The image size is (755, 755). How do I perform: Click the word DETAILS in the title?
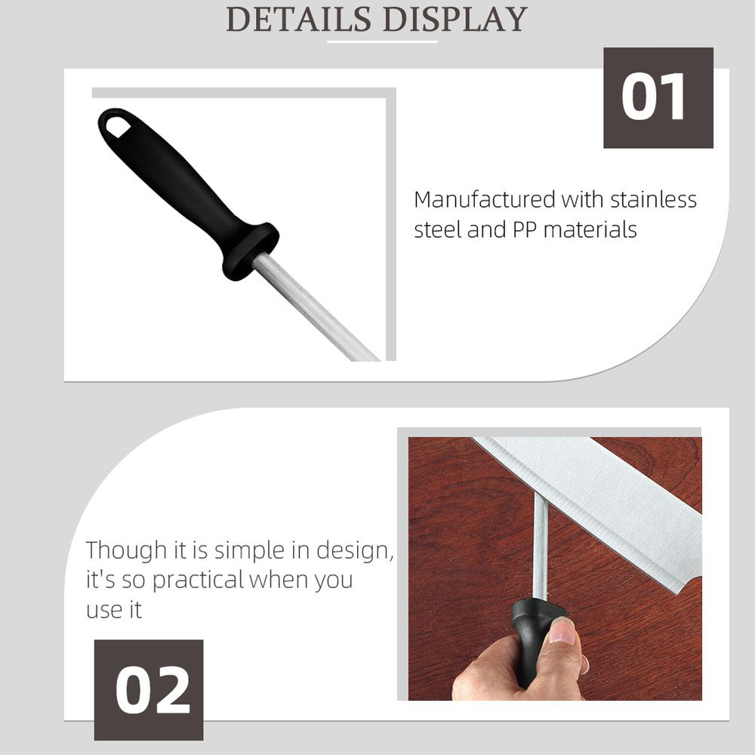pyautogui.click(x=299, y=20)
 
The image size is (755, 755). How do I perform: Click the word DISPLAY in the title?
pyautogui.click(x=455, y=20)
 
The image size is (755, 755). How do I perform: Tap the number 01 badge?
pyautogui.click(x=658, y=97)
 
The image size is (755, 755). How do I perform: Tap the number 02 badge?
pyautogui.click(x=148, y=689)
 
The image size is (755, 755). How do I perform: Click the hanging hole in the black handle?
pyautogui.click(x=118, y=126)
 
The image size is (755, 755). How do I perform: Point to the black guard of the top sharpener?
pyautogui.click(x=251, y=251)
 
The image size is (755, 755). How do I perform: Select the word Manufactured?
pyautogui.click(x=485, y=199)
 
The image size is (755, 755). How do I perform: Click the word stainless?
pyautogui.click(x=653, y=199)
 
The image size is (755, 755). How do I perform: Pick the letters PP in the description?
pyautogui.click(x=525, y=230)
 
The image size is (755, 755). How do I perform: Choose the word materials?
pyautogui.click(x=590, y=230)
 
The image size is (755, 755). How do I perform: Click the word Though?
pyautogui.click(x=126, y=550)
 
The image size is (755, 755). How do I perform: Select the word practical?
pyautogui.click(x=198, y=580)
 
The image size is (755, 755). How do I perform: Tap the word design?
pyautogui.click(x=356, y=550)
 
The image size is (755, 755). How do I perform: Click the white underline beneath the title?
pyautogui.click(x=382, y=42)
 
